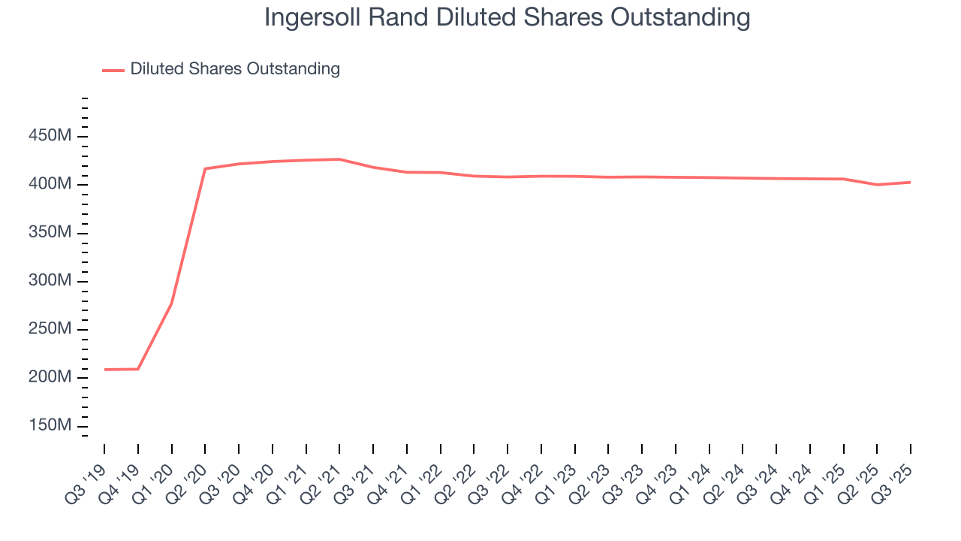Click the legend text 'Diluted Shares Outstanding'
235,69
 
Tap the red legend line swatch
113,70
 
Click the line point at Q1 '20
171,304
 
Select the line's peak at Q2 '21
339,159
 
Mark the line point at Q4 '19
138,369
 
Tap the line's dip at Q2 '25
877,185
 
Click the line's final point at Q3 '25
910,182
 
